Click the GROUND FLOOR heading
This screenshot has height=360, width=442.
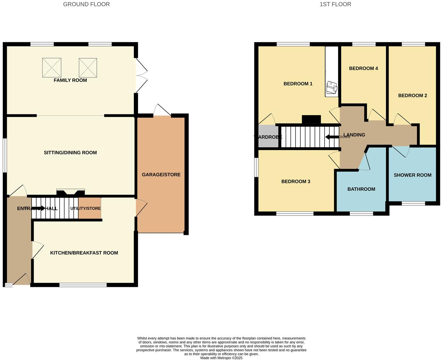(x=86, y=4)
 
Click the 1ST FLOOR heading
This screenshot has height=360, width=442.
(x=335, y=4)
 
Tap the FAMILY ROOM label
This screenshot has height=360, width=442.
(x=70, y=80)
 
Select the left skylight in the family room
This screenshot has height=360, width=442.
(x=52, y=67)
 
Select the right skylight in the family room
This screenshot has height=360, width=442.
(x=88, y=67)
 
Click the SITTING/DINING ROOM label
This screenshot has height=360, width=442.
(x=70, y=153)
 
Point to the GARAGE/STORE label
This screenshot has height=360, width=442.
(x=161, y=175)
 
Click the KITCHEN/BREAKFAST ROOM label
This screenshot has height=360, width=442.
(x=84, y=253)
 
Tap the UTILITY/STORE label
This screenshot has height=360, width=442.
(x=85, y=209)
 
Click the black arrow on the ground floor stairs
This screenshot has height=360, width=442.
(x=39, y=208)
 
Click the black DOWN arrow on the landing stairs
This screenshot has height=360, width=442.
(x=332, y=137)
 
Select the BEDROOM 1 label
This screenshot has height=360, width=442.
(x=298, y=84)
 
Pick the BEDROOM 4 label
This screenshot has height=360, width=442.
(x=363, y=68)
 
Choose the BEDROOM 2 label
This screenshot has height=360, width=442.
(x=412, y=95)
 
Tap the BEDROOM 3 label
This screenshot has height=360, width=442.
(x=295, y=181)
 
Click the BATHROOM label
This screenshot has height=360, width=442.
(x=361, y=189)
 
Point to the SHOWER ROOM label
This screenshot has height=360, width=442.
(x=412, y=175)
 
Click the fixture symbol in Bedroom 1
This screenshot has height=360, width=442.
(x=332, y=87)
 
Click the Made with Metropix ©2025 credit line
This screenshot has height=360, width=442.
(x=221, y=358)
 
